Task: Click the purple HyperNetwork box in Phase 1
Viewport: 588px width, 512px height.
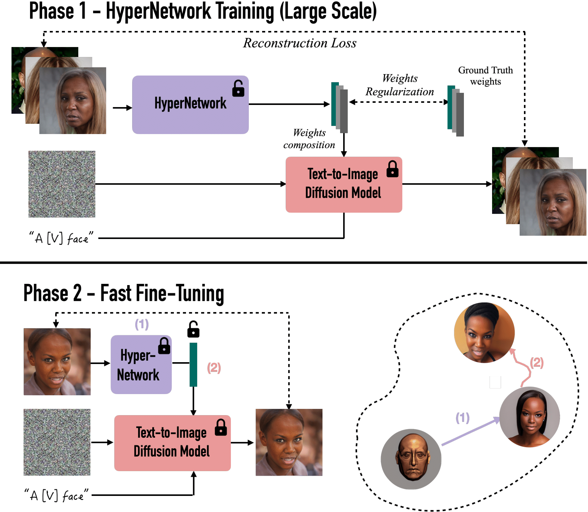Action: point(190,105)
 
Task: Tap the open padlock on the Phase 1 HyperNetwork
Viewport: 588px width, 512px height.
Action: point(238,89)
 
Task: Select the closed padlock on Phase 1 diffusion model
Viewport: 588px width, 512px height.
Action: point(392,169)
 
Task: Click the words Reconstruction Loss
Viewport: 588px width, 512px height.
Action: point(300,43)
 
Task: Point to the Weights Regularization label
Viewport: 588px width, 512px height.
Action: point(400,85)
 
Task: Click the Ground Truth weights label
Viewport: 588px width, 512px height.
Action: point(485,76)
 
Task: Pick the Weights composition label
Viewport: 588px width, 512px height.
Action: point(309,139)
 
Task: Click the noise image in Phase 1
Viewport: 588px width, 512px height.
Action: point(62,184)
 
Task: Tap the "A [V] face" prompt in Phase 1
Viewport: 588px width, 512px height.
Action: point(61,238)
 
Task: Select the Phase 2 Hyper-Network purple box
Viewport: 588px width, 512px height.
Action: point(141,364)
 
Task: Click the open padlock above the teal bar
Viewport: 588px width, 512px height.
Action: point(193,329)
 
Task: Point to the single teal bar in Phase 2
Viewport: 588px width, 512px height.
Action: point(193,364)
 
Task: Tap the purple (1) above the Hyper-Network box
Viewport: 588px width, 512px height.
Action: point(142,324)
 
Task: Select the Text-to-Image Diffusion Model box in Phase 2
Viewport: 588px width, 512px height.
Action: point(172,443)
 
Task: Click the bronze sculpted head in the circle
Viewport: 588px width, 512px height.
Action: point(411,459)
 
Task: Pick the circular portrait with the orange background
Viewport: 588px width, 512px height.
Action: point(484,332)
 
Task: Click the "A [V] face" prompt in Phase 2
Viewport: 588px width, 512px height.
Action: point(57,495)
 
